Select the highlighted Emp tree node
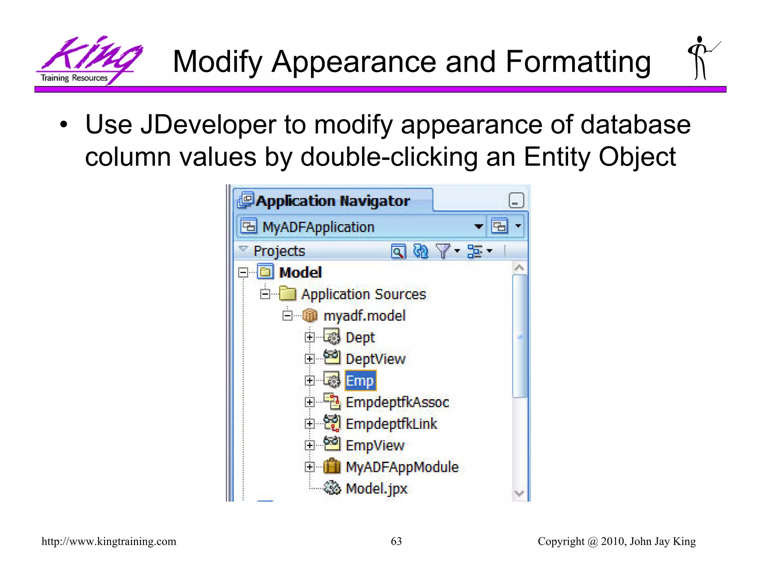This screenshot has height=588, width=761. [x=360, y=381]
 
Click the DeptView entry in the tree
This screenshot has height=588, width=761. [x=375, y=359]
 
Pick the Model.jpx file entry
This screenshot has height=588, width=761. [x=376, y=488]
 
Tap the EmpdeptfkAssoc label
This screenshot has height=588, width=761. [x=397, y=402]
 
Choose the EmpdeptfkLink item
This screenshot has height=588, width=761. [x=391, y=424]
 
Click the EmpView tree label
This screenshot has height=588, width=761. [x=375, y=445]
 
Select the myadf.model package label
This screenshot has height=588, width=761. [x=365, y=316]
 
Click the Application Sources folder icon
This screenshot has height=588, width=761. [x=288, y=294]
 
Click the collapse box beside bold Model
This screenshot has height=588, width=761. [x=243, y=272]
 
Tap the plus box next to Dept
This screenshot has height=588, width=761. [x=309, y=337]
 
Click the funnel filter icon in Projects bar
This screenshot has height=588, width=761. [x=443, y=251]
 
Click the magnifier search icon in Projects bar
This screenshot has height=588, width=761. [x=398, y=252]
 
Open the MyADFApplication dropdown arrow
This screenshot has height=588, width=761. [x=479, y=226]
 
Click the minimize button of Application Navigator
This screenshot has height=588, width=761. [x=516, y=201]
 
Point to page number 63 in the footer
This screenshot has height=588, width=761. [x=396, y=541]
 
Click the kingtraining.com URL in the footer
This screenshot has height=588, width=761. [x=109, y=541]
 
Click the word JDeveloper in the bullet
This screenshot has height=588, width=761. [x=208, y=125]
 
